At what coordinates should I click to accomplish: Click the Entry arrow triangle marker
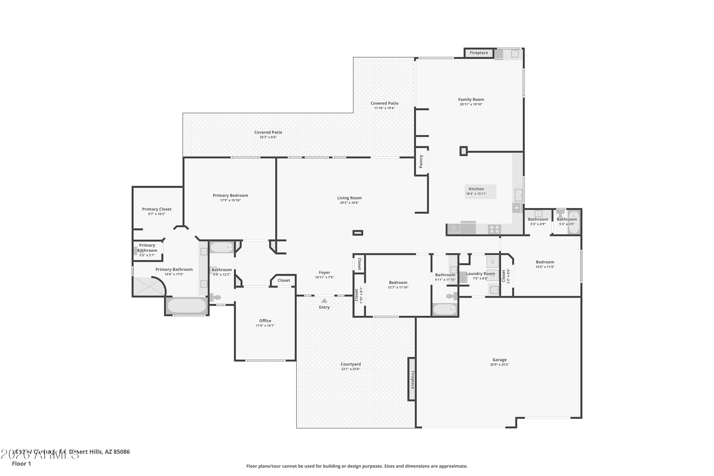coord(324,301)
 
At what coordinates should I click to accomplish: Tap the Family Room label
coord(471,99)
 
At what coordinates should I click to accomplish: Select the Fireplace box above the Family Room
coord(479,53)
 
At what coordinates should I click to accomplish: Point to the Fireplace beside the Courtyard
coord(412,379)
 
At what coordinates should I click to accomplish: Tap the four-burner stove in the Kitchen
coord(494,229)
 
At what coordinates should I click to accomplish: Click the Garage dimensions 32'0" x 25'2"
coord(499,365)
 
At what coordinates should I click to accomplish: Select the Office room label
coord(265,321)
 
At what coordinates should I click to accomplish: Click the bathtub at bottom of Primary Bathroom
coord(187,306)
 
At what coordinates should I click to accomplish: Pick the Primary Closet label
coord(157,209)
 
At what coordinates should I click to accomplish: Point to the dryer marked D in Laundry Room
coord(492,262)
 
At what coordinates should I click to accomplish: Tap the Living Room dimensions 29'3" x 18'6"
coord(349,203)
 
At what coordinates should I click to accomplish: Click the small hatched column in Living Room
coord(358,233)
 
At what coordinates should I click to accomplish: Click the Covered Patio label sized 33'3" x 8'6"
coord(268,132)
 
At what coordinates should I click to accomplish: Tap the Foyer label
coord(324,273)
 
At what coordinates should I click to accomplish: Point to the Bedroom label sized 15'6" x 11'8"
coord(545,262)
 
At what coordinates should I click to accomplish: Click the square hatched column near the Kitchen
coord(463,151)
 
